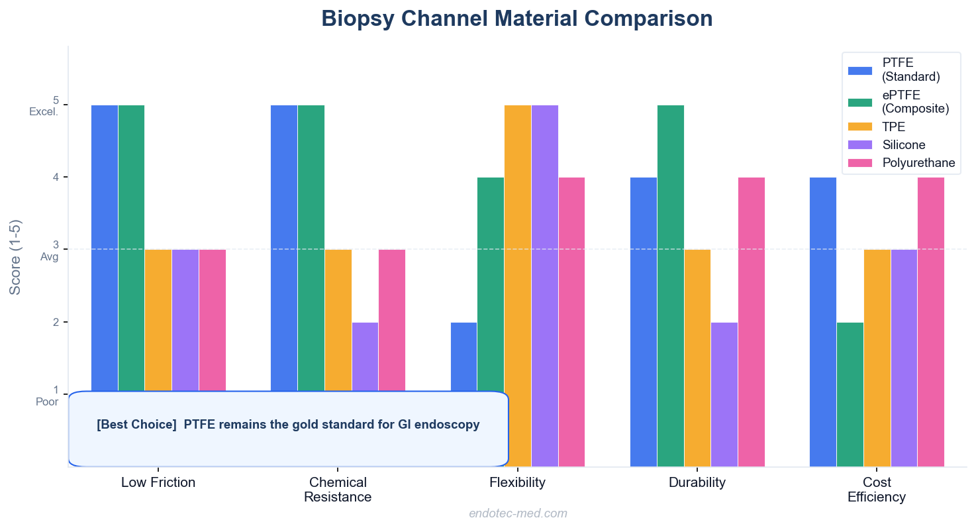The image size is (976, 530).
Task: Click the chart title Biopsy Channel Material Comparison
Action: click(516, 19)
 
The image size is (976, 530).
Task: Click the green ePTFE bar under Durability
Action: click(670, 285)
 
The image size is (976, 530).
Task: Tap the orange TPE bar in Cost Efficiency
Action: click(877, 358)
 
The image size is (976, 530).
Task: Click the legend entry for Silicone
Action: click(903, 144)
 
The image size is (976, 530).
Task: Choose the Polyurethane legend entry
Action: click(918, 163)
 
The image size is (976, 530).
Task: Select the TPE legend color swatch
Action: click(860, 127)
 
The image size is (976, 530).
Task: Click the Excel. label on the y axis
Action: click(44, 112)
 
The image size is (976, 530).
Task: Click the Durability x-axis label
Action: click(697, 482)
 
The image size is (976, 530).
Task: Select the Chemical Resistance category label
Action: click(338, 490)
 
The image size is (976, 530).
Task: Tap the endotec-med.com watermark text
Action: click(518, 513)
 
